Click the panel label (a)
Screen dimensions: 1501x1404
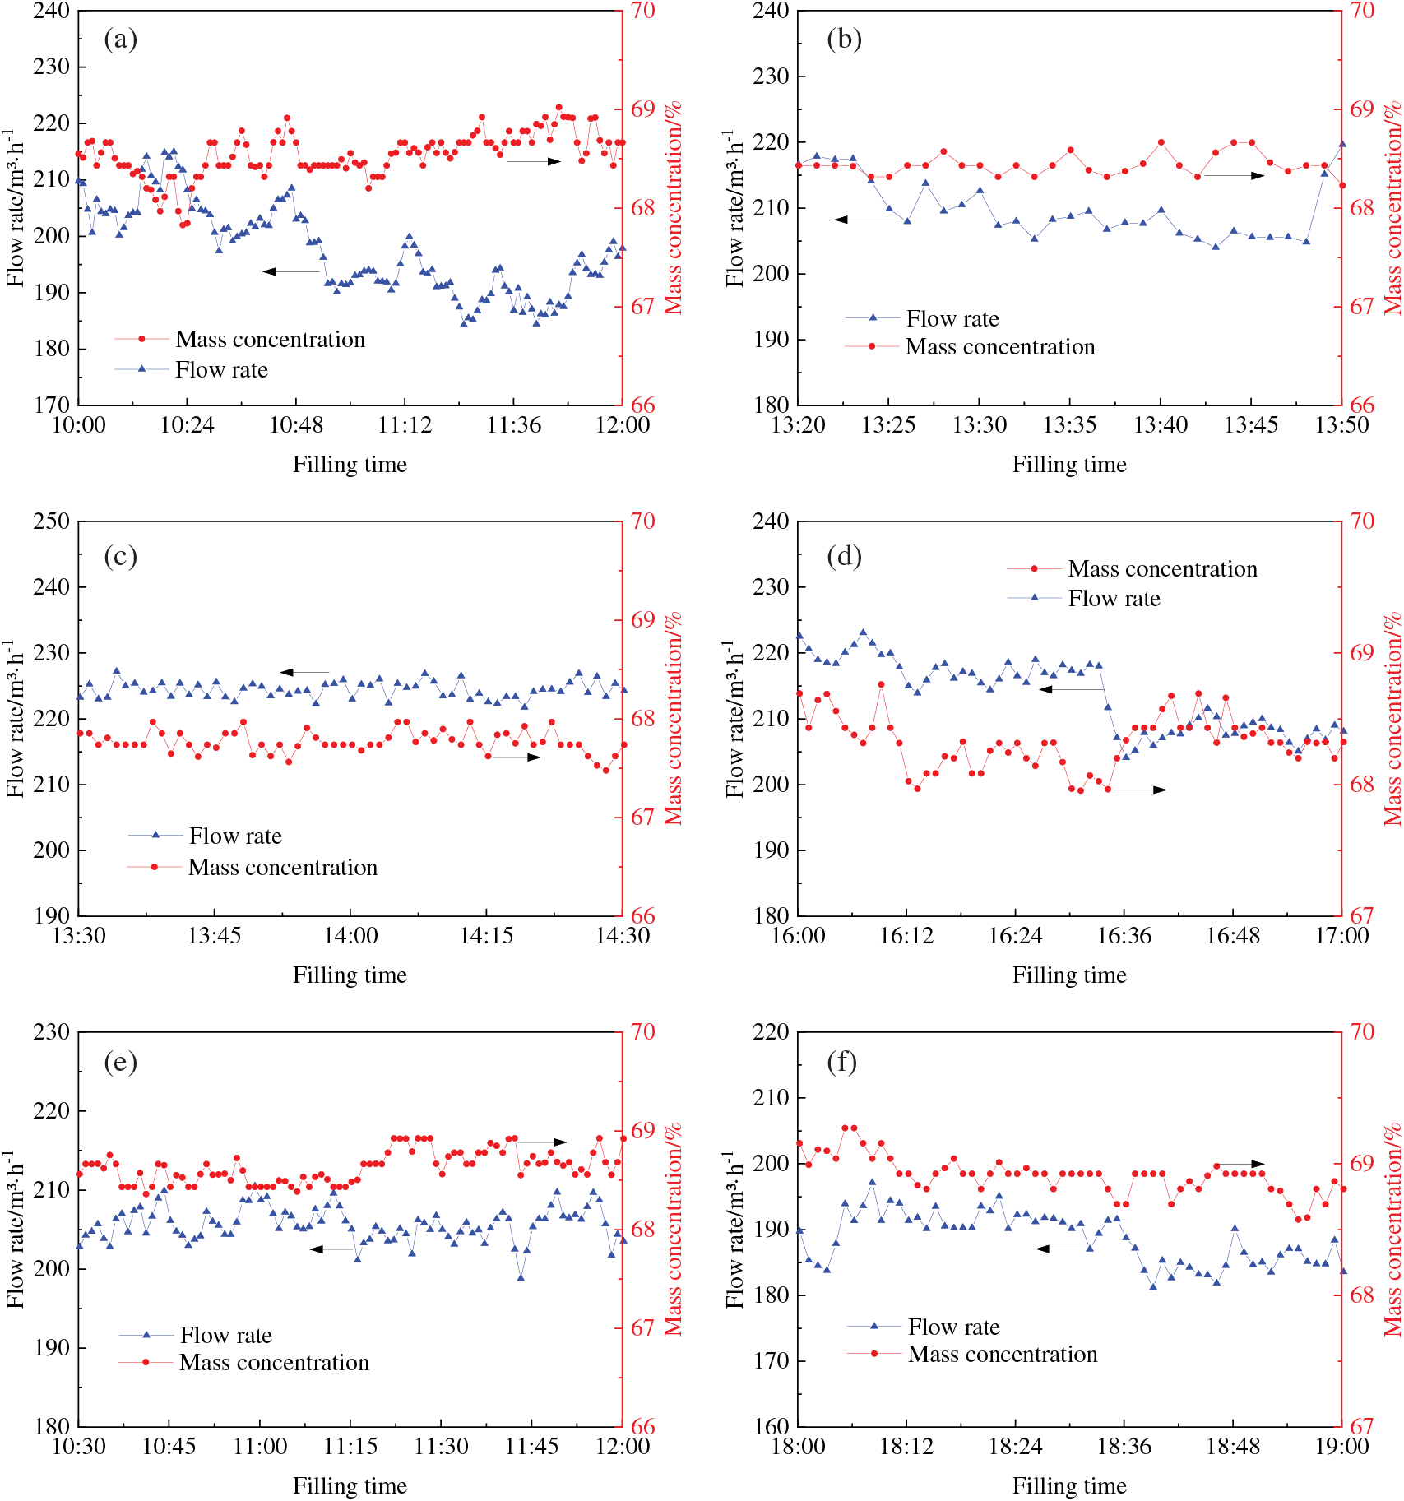(x=120, y=39)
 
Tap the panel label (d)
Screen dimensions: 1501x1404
(x=844, y=556)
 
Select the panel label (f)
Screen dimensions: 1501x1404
(x=841, y=1062)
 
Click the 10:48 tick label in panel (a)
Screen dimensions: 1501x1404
(x=296, y=424)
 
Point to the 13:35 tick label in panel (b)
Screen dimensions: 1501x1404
(x=1069, y=424)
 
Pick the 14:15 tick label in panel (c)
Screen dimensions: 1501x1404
(x=486, y=935)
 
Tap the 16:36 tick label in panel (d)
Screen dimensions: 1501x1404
(x=1124, y=935)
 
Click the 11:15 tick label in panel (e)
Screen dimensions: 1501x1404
(x=350, y=1446)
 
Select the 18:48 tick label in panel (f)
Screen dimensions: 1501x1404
(x=1232, y=1446)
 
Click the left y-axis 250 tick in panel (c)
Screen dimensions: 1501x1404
(x=51, y=521)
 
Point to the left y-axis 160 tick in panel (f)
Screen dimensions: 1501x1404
(x=771, y=1426)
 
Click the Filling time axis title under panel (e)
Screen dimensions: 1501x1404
(x=350, y=1485)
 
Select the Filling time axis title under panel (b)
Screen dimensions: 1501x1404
(x=1069, y=465)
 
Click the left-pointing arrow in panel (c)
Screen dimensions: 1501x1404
(x=304, y=672)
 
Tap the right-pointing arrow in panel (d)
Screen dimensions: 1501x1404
(x=1140, y=790)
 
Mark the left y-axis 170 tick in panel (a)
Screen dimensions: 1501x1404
(x=51, y=405)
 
